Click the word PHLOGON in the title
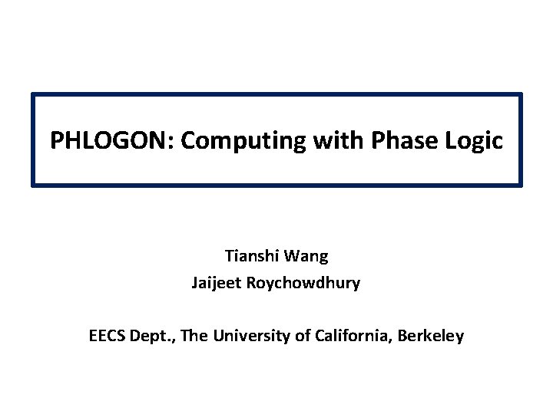108,140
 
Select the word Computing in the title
243,142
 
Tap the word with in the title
338,140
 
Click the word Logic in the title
474,142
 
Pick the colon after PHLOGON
171,143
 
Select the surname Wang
306,257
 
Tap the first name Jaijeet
216,284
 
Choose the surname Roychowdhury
303,284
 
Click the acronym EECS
107,336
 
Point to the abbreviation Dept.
152,337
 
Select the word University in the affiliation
251,337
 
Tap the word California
351,336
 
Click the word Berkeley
431,337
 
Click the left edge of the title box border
33,140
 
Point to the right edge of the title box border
521,140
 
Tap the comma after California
390,340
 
